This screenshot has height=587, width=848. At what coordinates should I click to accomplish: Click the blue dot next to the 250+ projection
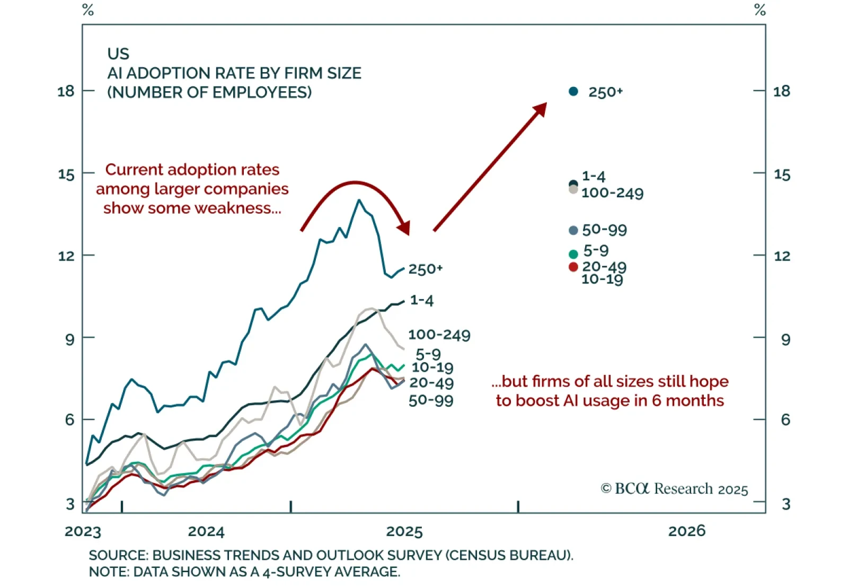573,92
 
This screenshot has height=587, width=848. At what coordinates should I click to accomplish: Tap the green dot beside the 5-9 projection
573,255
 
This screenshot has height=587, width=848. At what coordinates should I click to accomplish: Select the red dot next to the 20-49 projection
573,267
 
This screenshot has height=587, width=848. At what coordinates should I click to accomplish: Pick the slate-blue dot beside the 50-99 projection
573,230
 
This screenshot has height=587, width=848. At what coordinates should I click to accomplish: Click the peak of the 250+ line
359,200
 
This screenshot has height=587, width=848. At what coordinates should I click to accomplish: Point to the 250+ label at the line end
425,269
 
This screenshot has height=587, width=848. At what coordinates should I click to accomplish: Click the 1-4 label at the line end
422,301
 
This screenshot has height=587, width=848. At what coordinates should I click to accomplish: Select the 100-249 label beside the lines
439,335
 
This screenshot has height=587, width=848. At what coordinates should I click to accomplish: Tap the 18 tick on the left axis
66,91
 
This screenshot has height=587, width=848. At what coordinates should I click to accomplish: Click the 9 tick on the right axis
785,339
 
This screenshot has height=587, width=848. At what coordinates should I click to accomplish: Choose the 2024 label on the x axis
206,531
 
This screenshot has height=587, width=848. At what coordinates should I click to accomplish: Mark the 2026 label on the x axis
687,531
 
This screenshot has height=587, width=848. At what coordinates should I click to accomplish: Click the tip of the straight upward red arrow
545,104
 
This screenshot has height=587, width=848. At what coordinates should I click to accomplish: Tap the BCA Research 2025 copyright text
674,488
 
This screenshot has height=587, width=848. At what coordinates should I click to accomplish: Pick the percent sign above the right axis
760,10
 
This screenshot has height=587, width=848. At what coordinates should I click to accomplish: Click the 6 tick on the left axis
69,419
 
